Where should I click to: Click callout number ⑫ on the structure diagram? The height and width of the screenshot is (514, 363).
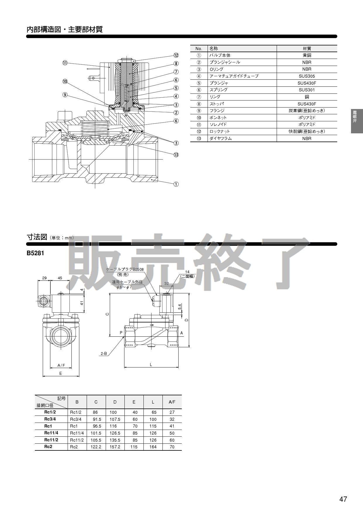[x=176, y=55]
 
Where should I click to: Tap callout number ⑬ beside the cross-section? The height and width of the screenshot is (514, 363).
[x=176, y=155]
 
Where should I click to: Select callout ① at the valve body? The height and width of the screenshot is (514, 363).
[x=176, y=184]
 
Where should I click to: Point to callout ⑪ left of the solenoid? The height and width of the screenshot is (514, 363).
[x=65, y=63]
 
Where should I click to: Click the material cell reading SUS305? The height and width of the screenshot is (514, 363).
[x=307, y=76]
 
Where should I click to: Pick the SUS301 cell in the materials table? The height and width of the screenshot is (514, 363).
[x=307, y=90]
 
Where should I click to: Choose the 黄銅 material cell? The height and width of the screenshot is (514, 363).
[x=307, y=55]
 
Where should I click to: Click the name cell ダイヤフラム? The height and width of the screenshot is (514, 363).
[x=221, y=139]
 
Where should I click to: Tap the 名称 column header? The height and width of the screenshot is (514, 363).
[x=214, y=49]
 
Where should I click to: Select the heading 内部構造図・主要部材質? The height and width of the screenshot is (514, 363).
[x=65, y=30]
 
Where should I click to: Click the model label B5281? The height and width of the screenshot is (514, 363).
[x=35, y=253]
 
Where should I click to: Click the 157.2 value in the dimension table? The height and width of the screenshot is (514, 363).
[x=115, y=447]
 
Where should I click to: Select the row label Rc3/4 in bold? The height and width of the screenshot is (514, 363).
[x=50, y=419]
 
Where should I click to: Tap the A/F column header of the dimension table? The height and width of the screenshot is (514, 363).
[x=172, y=402]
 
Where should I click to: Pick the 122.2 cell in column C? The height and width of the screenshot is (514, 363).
[x=96, y=447]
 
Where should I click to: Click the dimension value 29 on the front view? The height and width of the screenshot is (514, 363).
[x=44, y=278]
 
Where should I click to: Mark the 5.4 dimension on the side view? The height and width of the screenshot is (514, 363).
[x=180, y=307]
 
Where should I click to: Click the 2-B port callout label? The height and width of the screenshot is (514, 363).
[x=104, y=354]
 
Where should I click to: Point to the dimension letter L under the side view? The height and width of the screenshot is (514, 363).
[x=151, y=365]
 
